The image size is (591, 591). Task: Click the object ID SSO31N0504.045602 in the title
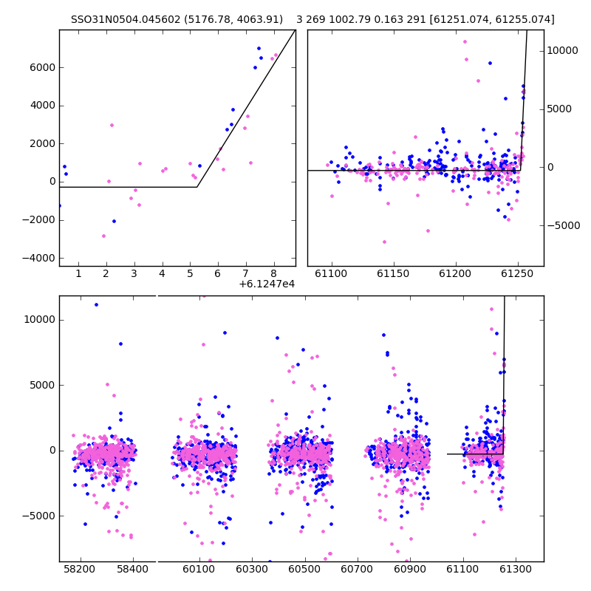click(x=126, y=19)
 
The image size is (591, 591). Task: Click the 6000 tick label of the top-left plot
click(x=43, y=67)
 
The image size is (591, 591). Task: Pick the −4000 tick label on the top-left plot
click(x=39, y=258)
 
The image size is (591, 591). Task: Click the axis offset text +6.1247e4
click(x=267, y=284)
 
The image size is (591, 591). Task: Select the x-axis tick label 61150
click(x=394, y=273)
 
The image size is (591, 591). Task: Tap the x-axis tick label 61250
click(x=518, y=273)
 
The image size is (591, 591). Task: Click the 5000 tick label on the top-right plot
click(x=559, y=109)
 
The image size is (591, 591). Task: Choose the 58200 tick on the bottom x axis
click(x=79, y=569)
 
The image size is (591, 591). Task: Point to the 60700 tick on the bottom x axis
click(x=357, y=569)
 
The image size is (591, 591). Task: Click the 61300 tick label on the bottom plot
click(x=515, y=569)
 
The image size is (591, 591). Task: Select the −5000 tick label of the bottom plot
click(x=39, y=516)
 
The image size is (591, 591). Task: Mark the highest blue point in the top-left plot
click(x=259, y=48)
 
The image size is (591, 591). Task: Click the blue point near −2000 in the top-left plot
click(x=115, y=221)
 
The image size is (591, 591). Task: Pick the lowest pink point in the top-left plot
click(x=103, y=236)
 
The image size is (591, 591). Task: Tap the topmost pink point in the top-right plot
click(x=465, y=42)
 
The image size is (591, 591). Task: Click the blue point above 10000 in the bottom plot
click(x=96, y=304)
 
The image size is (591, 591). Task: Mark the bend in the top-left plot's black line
click(x=197, y=187)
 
